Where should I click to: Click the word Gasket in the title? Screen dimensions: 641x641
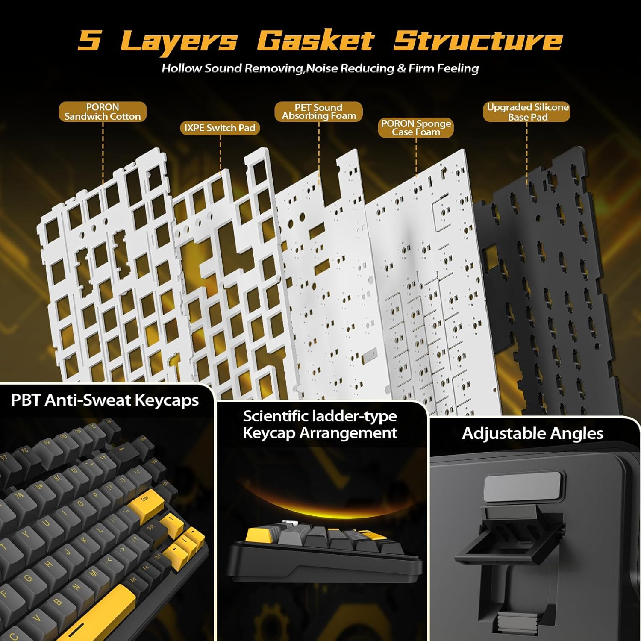[x=315, y=41]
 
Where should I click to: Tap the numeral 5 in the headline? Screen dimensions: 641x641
[x=90, y=40]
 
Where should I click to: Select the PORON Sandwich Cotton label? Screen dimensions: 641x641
[x=103, y=112]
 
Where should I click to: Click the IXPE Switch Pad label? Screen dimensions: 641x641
[x=220, y=128]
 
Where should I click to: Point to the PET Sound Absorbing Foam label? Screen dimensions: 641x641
[x=319, y=112]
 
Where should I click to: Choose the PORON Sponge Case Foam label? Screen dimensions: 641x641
[x=416, y=128]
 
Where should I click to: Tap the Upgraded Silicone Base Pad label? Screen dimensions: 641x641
[x=527, y=112]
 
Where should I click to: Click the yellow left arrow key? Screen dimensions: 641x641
[x=174, y=552]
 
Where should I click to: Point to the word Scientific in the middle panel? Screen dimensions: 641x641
[x=276, y=416]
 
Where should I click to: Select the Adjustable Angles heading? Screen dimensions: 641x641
[x=532, y=433]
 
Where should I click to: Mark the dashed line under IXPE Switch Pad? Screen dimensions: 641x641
[x=220, y=155]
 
